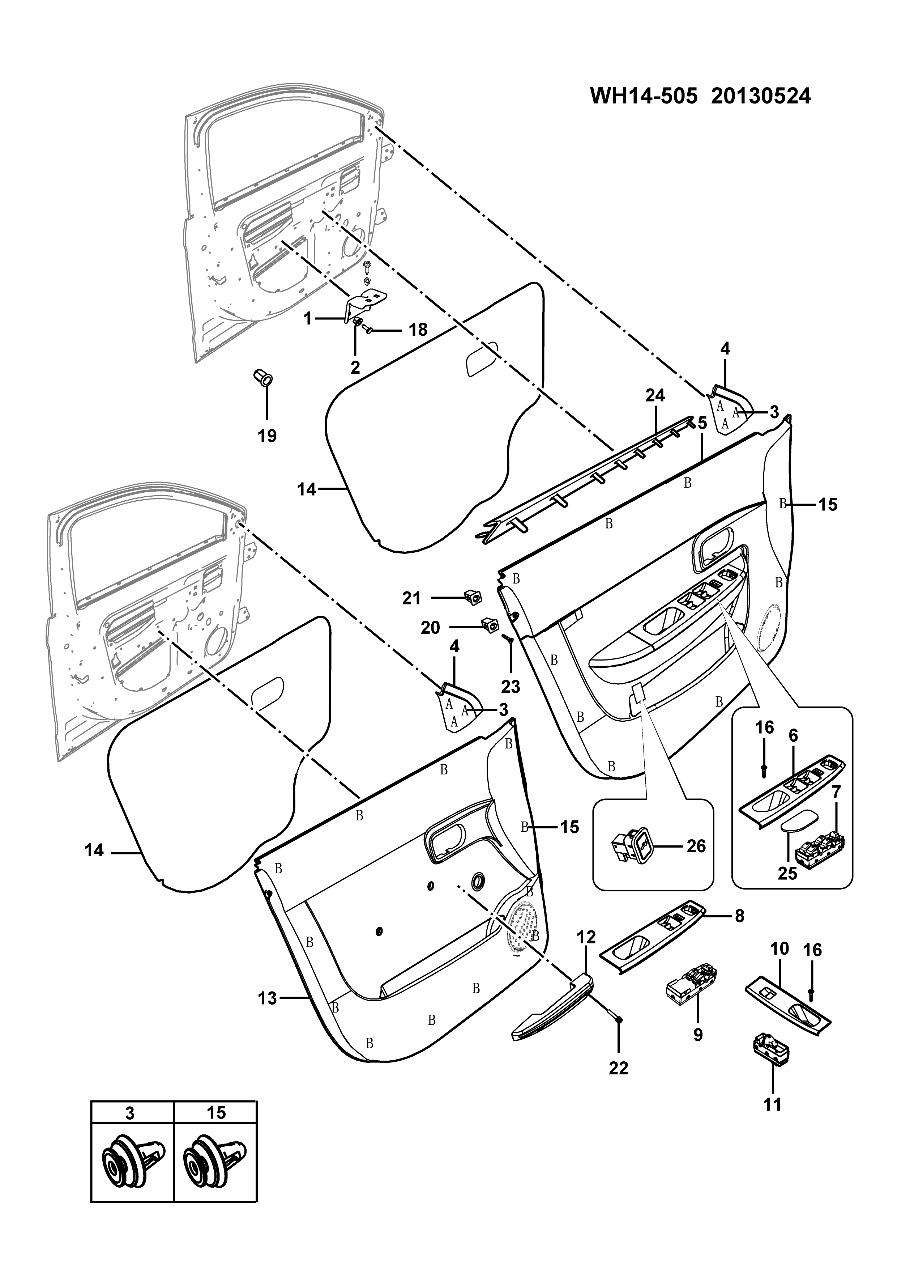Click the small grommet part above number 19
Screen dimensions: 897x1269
(x=263, y=379)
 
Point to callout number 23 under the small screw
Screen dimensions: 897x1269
(x=511, y=687)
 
